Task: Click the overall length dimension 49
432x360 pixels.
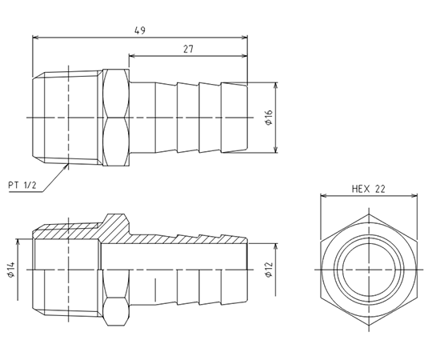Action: coord(140,30)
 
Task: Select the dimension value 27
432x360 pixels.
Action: coord(189,50)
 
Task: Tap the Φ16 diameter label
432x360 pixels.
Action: coord(269,118)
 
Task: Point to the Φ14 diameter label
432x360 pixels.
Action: coord(11,270)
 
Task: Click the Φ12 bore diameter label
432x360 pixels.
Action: coord(269,270)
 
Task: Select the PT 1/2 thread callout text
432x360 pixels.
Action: coord(22,185)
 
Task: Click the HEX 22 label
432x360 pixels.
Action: coord(368,189)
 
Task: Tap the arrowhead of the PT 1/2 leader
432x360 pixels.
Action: coord(66,166)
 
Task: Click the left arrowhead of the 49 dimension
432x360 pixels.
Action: coord(36,38)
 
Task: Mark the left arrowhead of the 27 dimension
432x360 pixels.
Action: coord(132,56)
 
